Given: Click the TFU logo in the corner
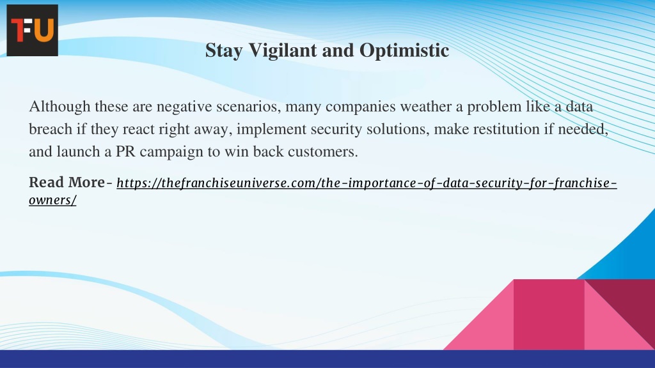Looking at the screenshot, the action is pyautogui.click(x=32, y=30).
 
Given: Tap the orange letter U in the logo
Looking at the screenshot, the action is pyautogui.click(x=43, y=30).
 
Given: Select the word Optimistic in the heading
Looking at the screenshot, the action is pyautogui.click(x=404, y=51).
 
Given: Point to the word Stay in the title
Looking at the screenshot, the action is pyautogui.click(x=224, y=51).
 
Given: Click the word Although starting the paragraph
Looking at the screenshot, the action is pyautogui.click(x=59, y=107).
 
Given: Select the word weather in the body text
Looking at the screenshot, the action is pyautogui.click(x=425, y=107).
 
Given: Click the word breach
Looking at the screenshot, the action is pyautogui.click(x=51, y=129).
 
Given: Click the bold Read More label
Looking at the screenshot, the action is pyautogui.click(x=67, y=183).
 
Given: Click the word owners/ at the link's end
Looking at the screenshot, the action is pyautogui.click(x=52, y=200).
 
